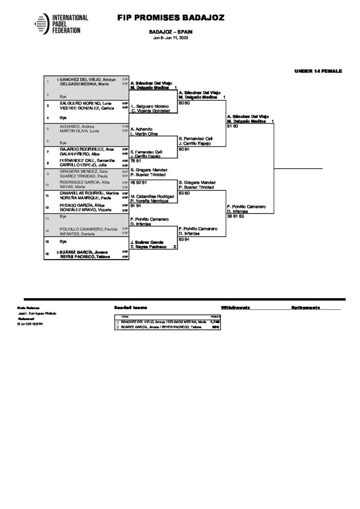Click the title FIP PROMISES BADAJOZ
pyautogui.click(x=171, y=18)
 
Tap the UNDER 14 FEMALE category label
pyautogui.click(x=318, y=71)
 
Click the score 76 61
pyautogui.click(x=136, y=161)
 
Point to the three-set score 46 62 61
pyautogui.click(x=139, y=182)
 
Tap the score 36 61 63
pyautogui.click(x=235, y=216)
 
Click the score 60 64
pyautogui.click(x=184, y=149)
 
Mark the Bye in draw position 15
pyautogui.click(x=63, y=241)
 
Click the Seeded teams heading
pyautogui.click(x=130, y=308)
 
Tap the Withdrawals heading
pyautogui.click(x=235, y=308)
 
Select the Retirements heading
pyautogui.click(x=305, y=308)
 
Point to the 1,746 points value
pyautogui.click(x=215, y=322)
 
